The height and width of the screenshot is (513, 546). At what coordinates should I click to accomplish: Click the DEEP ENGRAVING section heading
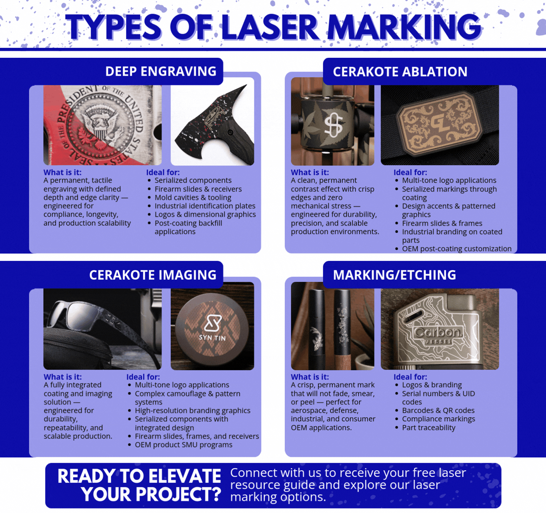click(x=161, y=71)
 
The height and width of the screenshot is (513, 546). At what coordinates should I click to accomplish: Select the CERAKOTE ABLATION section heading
click(x=400, y=72)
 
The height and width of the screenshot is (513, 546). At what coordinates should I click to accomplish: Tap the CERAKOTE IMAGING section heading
click(x=153, y=275)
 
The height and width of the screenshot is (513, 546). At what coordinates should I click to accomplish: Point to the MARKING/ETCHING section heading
click(x=394, y=275)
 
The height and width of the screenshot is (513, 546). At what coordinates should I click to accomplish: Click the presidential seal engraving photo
click(x=102, y=125)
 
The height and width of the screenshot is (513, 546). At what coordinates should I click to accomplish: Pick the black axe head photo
click(x=212, y=125)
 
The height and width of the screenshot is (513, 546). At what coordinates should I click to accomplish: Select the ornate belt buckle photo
click(x=440, y=125)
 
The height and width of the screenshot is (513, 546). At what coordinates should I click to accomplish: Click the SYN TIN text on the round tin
click(x=212, y=338)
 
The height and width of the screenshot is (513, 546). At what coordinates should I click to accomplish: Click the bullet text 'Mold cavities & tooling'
click(x=193, y=198)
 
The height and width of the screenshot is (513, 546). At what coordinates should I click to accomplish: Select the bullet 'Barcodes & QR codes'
click(x=438, y=410)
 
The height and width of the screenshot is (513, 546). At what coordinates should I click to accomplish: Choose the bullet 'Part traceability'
click(x=428, y=427)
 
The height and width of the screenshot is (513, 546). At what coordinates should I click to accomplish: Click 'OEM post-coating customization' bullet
click(x=457, y=249)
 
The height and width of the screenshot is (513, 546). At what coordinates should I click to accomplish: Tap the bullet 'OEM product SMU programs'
click(x=184, y=445)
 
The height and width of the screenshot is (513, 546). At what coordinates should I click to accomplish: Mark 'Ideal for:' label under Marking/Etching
click(x=410, y=377)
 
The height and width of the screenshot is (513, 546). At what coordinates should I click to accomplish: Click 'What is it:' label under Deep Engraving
click(x=63, y=172)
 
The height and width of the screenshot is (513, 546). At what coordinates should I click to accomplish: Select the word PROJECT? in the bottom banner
click(x=151, y=494)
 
